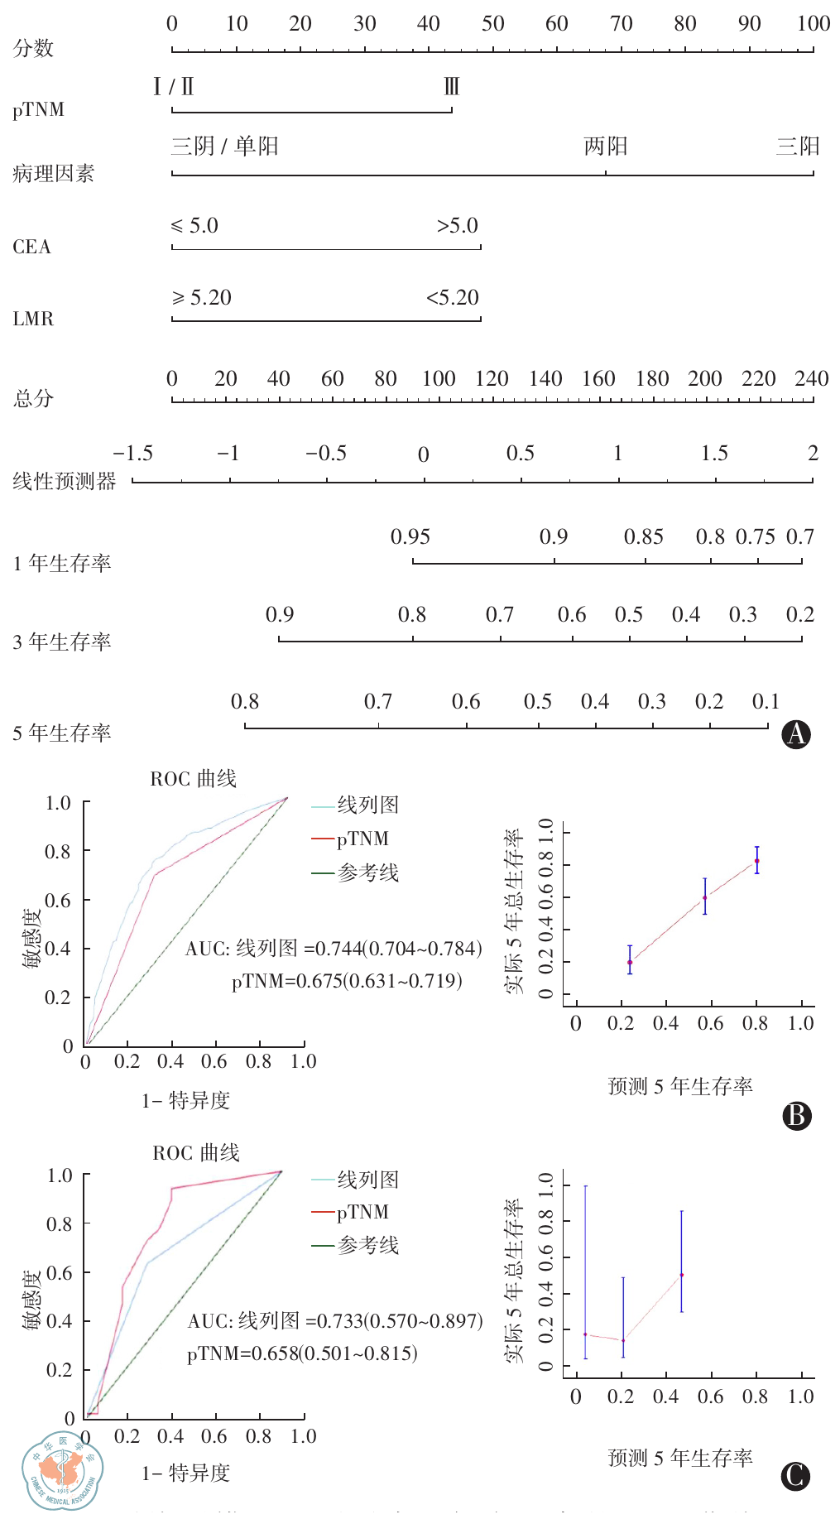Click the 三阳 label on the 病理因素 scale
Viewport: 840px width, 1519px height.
pyautogui.click(x=797, y=147)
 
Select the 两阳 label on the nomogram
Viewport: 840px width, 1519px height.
pyautogui.click(x=605, y=147)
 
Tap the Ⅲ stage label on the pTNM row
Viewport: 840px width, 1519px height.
pyautogui.click(x=451, y=86)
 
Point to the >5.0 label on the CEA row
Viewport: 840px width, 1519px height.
pyautogui.click(x=458, y=226)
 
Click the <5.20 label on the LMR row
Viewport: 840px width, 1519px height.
pyautogui.click(x=453, y=298)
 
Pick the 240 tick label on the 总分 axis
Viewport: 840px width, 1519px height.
pyautogui.click(x=811, y=379)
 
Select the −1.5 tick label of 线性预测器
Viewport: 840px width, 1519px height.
pyautogui.click(x=133, y=454)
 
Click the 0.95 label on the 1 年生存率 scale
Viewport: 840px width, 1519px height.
pyautogui.click(x=410, y=537)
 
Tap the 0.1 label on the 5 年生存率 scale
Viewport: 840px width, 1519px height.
pyautogui.click(x=766, y=702)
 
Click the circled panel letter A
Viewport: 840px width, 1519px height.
pyautogui.click(x=796, y=734)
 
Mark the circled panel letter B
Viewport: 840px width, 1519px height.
pyautogui.click(x=796, y=1116)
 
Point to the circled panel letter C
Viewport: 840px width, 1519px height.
pyautogui.click(x=796, y=1476)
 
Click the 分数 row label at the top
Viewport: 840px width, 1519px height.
pyautogui.click(x=33, y=48)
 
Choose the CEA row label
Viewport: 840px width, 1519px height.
pyautogui.click(x=31, y=247)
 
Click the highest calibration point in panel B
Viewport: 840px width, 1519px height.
pyautogui.click(x=756, y=861)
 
